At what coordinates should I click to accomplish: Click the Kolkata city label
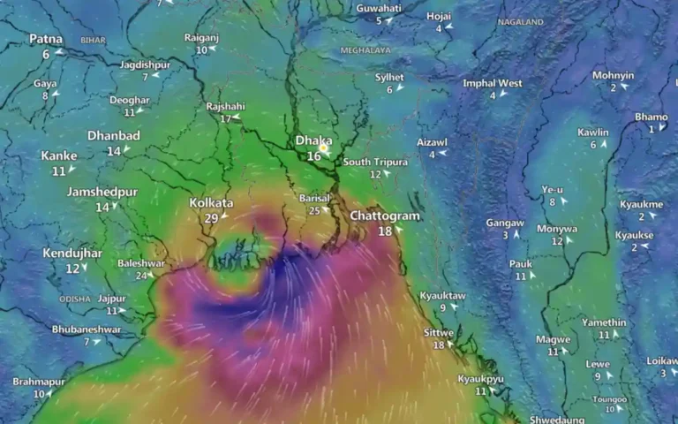click(x=211, y=203)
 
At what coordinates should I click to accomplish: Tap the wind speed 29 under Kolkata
click(x=211, y=218)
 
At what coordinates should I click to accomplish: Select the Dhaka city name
click(x=313, y=140)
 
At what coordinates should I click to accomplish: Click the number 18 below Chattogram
click(x=385, y=231)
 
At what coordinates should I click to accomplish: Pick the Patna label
click(x=45, y=39)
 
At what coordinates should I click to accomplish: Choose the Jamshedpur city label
click(x=102, y=192)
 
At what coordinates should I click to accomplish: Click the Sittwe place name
click(x=439, y=332)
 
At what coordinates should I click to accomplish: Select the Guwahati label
click(x=379, y=8)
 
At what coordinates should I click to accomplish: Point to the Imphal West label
click(x=492, y=83)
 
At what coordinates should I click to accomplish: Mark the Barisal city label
click(x=314, y=198)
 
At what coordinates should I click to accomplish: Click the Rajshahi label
click(x=225, y=106)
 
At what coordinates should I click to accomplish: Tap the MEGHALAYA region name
click(x=365, y=50)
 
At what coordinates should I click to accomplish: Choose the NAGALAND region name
click(x=520, y=21)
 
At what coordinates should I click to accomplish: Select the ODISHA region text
click(x=76, y=299)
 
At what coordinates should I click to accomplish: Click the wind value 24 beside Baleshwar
click(x=140, y=276)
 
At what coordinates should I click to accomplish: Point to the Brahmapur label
click(x=39, y=382)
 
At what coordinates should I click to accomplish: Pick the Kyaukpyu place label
click(x=480, y=378)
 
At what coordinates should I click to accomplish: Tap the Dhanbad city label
click(x=114, y=136)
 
